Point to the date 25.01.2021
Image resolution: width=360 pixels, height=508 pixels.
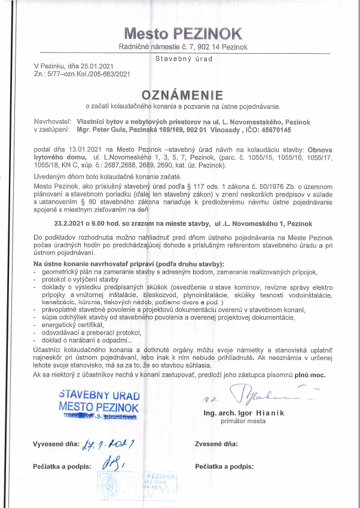click(106, 67)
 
